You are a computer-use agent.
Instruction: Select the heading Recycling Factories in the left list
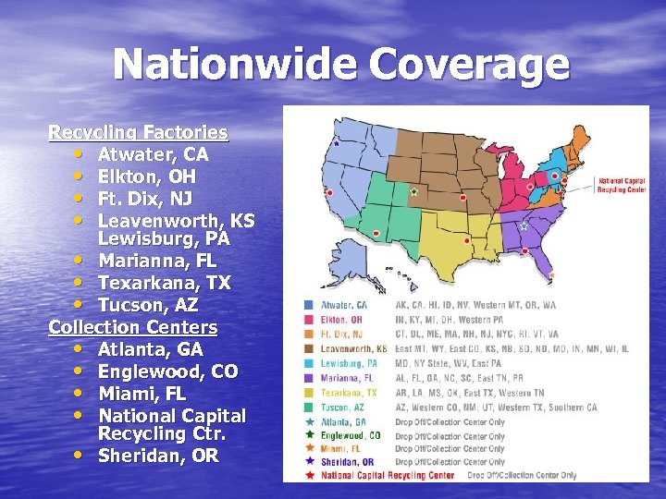click(x=138, y=132)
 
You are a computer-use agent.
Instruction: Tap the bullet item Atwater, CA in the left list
click(x=153, y=154)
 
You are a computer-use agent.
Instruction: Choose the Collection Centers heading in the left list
click(x=133, y=327)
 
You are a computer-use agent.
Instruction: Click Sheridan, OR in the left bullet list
click(x=158, y=455)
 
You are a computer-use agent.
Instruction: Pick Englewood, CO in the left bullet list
click(x=167, y=371)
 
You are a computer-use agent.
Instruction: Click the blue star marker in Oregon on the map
click(x=336, y=144)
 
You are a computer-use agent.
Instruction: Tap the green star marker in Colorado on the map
click(x=413, y=192)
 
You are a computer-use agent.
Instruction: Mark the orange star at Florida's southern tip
click(x=552, y=274)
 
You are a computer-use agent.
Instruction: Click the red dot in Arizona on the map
click(x=375, y=233)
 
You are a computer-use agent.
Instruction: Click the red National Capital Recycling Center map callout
click(x=621, y=184)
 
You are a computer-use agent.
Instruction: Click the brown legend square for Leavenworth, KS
click(x=309, y=348)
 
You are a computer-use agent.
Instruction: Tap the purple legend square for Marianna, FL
click(x=309, y=378)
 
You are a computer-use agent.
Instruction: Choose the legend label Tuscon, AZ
click(x=342, y=408)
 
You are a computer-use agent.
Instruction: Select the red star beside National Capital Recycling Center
click(x=309, y=475)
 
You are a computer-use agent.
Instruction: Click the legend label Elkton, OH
click(x=342, y=319)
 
